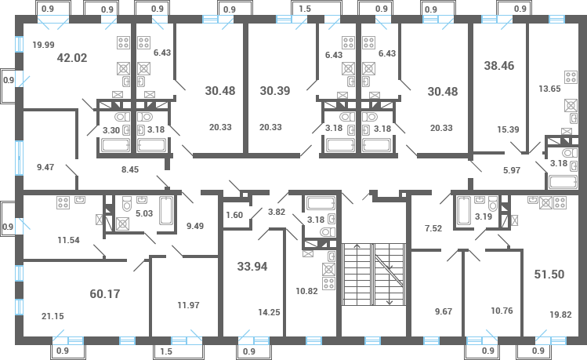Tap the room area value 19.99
coord(43,45)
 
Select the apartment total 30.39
coord(274,90)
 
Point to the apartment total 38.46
coord(499,67)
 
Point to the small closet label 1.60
coord(234,215)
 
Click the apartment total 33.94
coord(252,266)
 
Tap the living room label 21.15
coord(53,316)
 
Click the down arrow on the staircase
coord(390,302)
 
